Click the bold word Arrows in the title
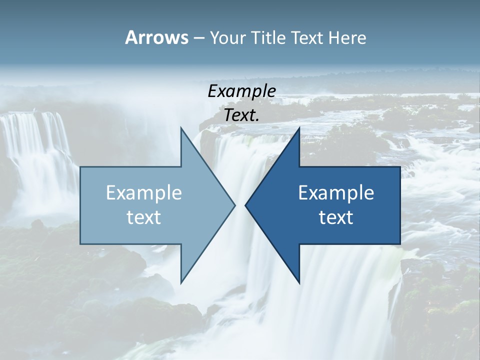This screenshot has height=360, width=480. tap(156, 37)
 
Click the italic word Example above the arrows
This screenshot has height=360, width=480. tap(241, 91)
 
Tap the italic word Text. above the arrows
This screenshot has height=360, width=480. tap(241, 115)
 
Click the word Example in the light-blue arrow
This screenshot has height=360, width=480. tap(144, 193)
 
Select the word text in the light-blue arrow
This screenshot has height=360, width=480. tap(144, 217)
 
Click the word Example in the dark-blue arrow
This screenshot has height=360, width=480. tap(336, 193)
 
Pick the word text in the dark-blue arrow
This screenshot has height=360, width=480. tap(336, 217)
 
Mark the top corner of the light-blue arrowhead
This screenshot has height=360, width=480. tap(181, 128)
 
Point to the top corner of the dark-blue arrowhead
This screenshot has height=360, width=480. tap(299, 128)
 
